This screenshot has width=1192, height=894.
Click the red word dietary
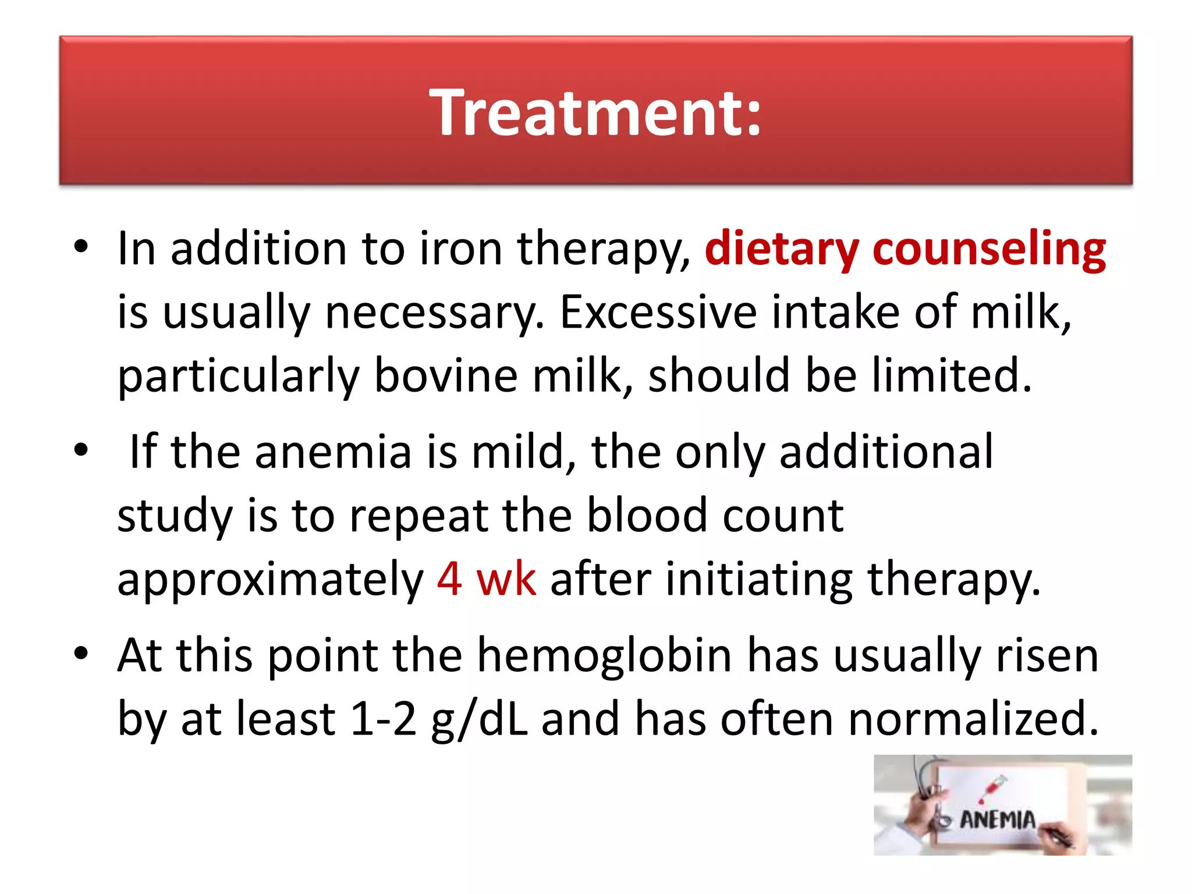(781, 249)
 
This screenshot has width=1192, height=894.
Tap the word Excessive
(658, 313)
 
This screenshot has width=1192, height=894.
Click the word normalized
(973, 719)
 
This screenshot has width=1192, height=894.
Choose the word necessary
(434, 314)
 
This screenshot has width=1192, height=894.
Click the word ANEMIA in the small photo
(997, 819)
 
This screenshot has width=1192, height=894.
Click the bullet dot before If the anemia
(81, 449)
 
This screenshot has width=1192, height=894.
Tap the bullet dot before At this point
(81, 653)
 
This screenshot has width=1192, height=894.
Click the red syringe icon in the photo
(993, 787)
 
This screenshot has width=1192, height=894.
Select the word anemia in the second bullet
(333, 452)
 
